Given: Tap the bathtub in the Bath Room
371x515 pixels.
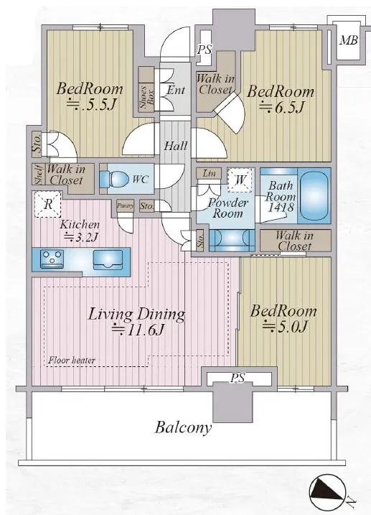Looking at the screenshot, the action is click(314, 196).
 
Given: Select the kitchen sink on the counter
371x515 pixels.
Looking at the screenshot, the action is click(108, 260).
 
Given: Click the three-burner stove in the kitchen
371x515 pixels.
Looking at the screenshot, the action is click(52, 259).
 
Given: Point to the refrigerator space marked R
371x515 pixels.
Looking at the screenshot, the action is click(48, 204).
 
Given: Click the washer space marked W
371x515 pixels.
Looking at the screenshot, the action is click(240, 180).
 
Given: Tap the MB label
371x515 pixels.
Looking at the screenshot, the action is click(348, 40).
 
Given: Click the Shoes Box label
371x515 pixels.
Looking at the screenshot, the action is click(147, 98).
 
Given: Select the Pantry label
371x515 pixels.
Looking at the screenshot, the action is click(126, 206).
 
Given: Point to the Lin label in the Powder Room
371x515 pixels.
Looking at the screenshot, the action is click(209, 173).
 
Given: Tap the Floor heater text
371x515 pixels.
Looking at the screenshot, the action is click(72, 361).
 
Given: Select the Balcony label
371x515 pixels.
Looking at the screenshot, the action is click(183, 427).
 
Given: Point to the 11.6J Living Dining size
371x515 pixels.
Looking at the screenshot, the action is click(137, 330).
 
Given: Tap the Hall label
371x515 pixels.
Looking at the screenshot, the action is click(176, 146).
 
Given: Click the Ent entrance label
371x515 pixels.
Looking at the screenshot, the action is click(176, 90).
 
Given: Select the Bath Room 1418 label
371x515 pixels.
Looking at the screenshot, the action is click(281, 196).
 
